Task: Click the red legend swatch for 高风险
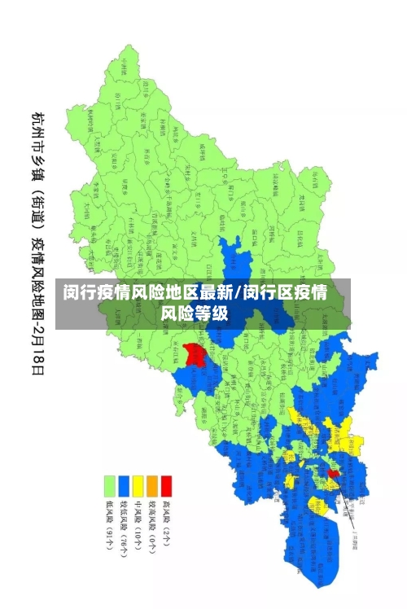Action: (166, 486)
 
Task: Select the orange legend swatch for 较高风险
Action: (151, 486)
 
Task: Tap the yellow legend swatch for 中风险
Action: (138, 486)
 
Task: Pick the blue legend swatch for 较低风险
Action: (124, 486)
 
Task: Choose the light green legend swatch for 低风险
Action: (109, 486)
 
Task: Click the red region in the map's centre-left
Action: (195, 354)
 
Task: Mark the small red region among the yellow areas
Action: (333, 473)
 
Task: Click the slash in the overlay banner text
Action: (238, 293)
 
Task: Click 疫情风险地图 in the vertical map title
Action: (37, 269)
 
